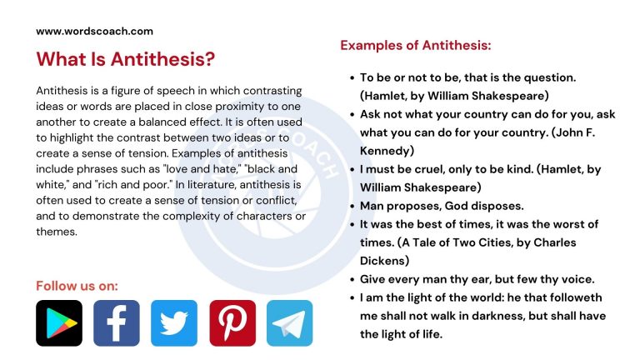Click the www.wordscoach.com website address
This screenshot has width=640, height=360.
coord(94,31)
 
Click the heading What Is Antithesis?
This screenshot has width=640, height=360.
coord(125,59)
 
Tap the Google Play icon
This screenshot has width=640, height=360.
coord(59,323)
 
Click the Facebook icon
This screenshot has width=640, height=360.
coord(117,323)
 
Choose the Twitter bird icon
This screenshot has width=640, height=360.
coord(174,323)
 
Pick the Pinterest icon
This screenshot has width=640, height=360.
coord(232,323)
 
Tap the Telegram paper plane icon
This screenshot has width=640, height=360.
coord(289,323)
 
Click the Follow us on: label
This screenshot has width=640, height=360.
coord(77,286)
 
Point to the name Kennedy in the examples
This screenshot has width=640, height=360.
coord(387,151)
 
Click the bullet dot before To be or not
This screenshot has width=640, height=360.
coord(351,77)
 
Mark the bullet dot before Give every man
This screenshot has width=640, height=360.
coord(351,279)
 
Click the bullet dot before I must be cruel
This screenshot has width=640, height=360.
coord(351,169)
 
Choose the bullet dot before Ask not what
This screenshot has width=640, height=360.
coord(351,114)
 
